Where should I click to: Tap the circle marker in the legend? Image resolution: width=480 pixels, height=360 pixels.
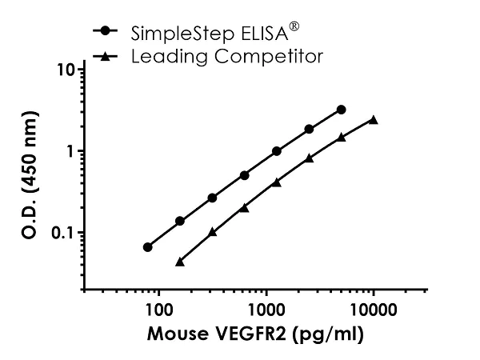(x=106, y=31)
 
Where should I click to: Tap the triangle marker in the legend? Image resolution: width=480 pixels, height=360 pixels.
(x=106, y=56)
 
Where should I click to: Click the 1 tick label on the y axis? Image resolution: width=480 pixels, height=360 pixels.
(x=71, y=151)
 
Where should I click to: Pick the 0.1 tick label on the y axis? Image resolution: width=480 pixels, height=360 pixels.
(x=65, y=233)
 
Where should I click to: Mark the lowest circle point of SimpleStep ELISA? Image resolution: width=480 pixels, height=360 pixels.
(x=148, y=247)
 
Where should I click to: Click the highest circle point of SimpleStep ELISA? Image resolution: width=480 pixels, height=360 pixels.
(x=342, y=109)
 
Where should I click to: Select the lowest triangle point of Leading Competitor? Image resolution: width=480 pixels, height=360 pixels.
(x=180, y=261)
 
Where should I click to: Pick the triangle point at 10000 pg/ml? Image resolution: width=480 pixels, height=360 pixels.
(x=373, y=120)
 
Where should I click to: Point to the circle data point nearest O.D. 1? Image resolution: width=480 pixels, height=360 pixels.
(x=277, y=150)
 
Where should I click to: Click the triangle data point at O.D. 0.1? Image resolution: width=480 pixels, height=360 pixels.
(x=212, y=232)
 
